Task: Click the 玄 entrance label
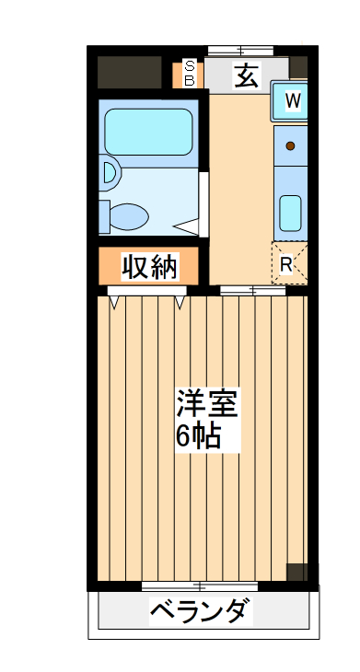click(x=246, y=76)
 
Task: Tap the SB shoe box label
click(x=190, y=74)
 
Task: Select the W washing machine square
click(x=292, y=101)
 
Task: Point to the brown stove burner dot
click(x=290, y=146)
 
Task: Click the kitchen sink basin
click(x=290, y=214)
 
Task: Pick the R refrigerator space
click(x=286, y=264)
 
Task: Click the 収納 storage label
click(x=150, y=267)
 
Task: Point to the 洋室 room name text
click(x=207, y=405)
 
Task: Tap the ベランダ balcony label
click(x=199, y=609)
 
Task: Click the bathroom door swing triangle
click(x=188, y=224)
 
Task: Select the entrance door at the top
click(x=242, y=50)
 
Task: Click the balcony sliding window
click(x=200, y=586)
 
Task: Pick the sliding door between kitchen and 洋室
click(x=252, y=291)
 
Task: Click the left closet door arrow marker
click(x=114, y=300)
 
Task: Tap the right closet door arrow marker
click(x=180, y=300)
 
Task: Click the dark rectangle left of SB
click(x=130, y=72)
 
